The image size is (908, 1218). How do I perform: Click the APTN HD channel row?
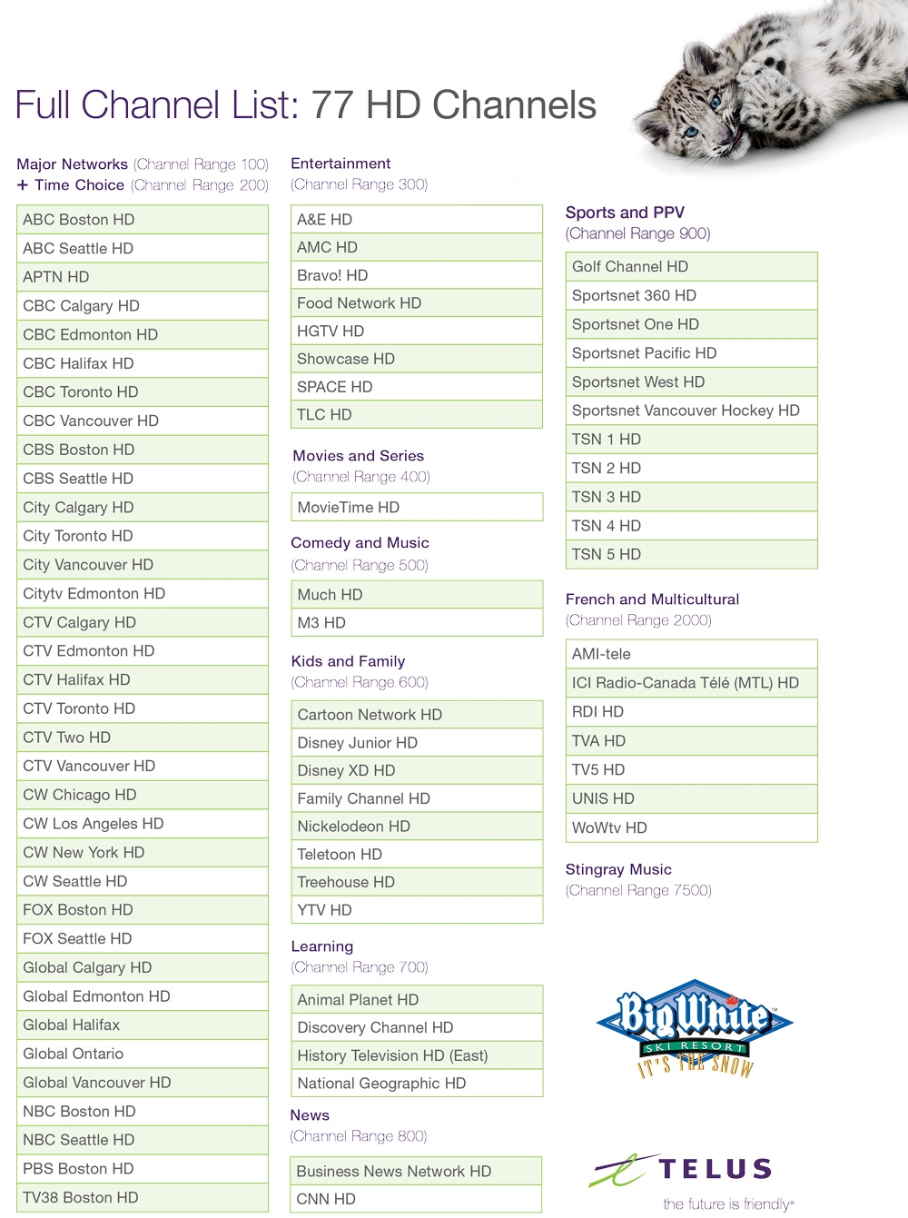pyautogui.click(x=142, y=277)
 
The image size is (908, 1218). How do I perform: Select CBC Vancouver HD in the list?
pyautogui.click(x=142, y=421)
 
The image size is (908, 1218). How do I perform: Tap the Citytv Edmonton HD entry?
pyautogui.click(x=142, y=594)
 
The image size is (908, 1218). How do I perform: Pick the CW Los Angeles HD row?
pyautogui.click(x=142, y=824)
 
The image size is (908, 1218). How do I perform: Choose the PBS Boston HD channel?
pyautogui.click(x=142, y=1169)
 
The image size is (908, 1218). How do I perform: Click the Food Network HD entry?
pyautogui.click(x=416, y=303)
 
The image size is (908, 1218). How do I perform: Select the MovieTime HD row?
pyautogui.click(x=416, y=508)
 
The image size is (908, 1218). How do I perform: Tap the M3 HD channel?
pyautogui.click(x=416, y=623)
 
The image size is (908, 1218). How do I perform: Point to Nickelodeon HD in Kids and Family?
pyautogui.click(x=416, y=827)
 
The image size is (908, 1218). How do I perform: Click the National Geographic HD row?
pyautogui.click(x=416, y=1084)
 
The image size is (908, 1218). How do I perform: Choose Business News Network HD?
pyautogui.click(x=416, y=1172)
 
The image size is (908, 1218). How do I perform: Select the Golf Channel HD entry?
pyautogui.click(x=690, y=267)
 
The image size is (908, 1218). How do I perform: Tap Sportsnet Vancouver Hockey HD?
pyautogui.click(x=690, y=411)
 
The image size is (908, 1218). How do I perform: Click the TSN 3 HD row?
pyautogui.click(x=690, y=497)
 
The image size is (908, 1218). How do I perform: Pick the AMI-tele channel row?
pyautogui.click(x=690, y=654)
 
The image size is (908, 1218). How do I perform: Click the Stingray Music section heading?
pyautogui.click(x=618, y=869)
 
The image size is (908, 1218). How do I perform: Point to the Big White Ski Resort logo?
pyautogui.click(x=695, y=1026)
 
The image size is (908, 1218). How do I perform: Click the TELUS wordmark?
pyautogui.click(x=716, y=1169)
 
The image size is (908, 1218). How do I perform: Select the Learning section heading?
pyautogui.click(x=322, y=946)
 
